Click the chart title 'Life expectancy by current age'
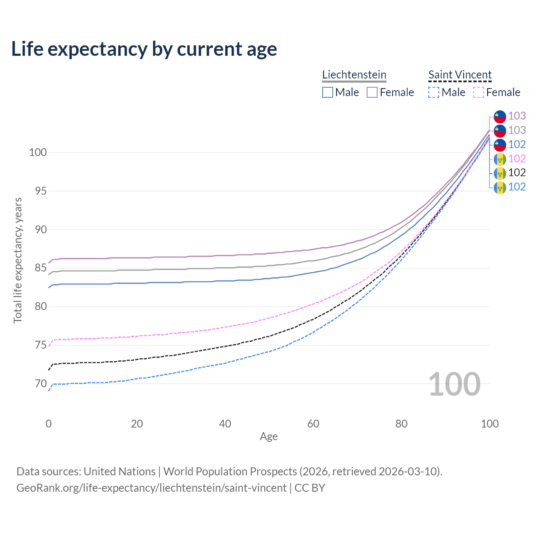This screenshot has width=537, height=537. (144, 49)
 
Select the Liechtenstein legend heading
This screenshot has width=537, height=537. (354, 75)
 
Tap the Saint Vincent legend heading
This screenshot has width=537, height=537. (460, 75)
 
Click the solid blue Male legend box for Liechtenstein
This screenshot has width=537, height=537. (328, 92)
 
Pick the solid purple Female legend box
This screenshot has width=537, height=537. (372, 92)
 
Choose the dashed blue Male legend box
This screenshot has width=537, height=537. (434, 92)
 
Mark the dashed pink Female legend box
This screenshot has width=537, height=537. (478, 92)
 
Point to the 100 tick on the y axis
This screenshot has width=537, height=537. (38, 152)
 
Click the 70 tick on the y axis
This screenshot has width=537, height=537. (41, 383)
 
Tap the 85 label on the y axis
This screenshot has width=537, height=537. (41, 268)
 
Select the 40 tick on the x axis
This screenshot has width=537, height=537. (225, 424)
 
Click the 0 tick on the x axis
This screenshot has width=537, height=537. (49, 424)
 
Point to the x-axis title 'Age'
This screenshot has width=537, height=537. (268, 437)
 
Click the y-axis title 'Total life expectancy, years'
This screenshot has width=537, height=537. (18, 261)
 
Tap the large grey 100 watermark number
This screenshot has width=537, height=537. (454, 384)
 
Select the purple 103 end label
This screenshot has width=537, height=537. (517, 116)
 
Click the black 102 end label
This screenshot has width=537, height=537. (517, 172)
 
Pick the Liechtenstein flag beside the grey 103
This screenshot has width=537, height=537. (500, 130)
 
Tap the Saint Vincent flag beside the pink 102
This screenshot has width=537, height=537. (500, 159)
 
